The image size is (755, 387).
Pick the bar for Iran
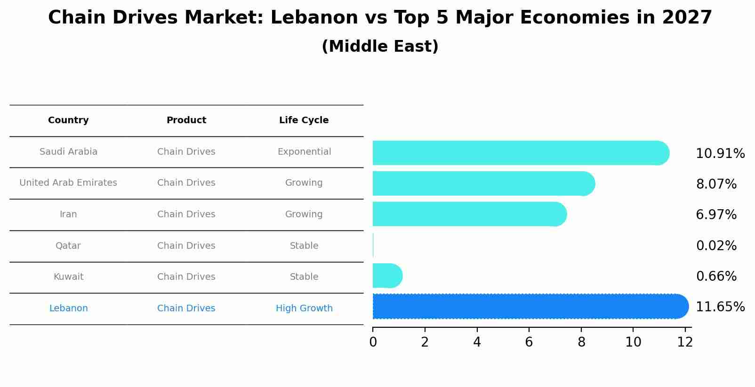pos(469,214)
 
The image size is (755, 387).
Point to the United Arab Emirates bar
pos(483,183)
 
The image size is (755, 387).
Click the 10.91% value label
pos(720,154)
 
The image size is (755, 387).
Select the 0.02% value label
pos(716,245)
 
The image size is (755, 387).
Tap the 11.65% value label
pos(720,307)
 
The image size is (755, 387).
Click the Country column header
pos(68,120)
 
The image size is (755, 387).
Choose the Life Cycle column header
pos(304,120)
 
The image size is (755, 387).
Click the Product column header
pos(186,120)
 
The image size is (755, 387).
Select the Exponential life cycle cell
pos(304,152)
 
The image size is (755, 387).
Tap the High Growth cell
pos(304,308)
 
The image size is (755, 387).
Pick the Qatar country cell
pos(68,245)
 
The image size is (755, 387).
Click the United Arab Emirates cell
pos(68,183)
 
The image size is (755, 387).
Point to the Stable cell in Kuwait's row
pos(304,277)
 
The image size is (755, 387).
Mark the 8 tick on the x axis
pos(581,342)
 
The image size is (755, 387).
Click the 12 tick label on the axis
pos(685,342)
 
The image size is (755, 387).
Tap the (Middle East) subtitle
pos(380,47)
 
